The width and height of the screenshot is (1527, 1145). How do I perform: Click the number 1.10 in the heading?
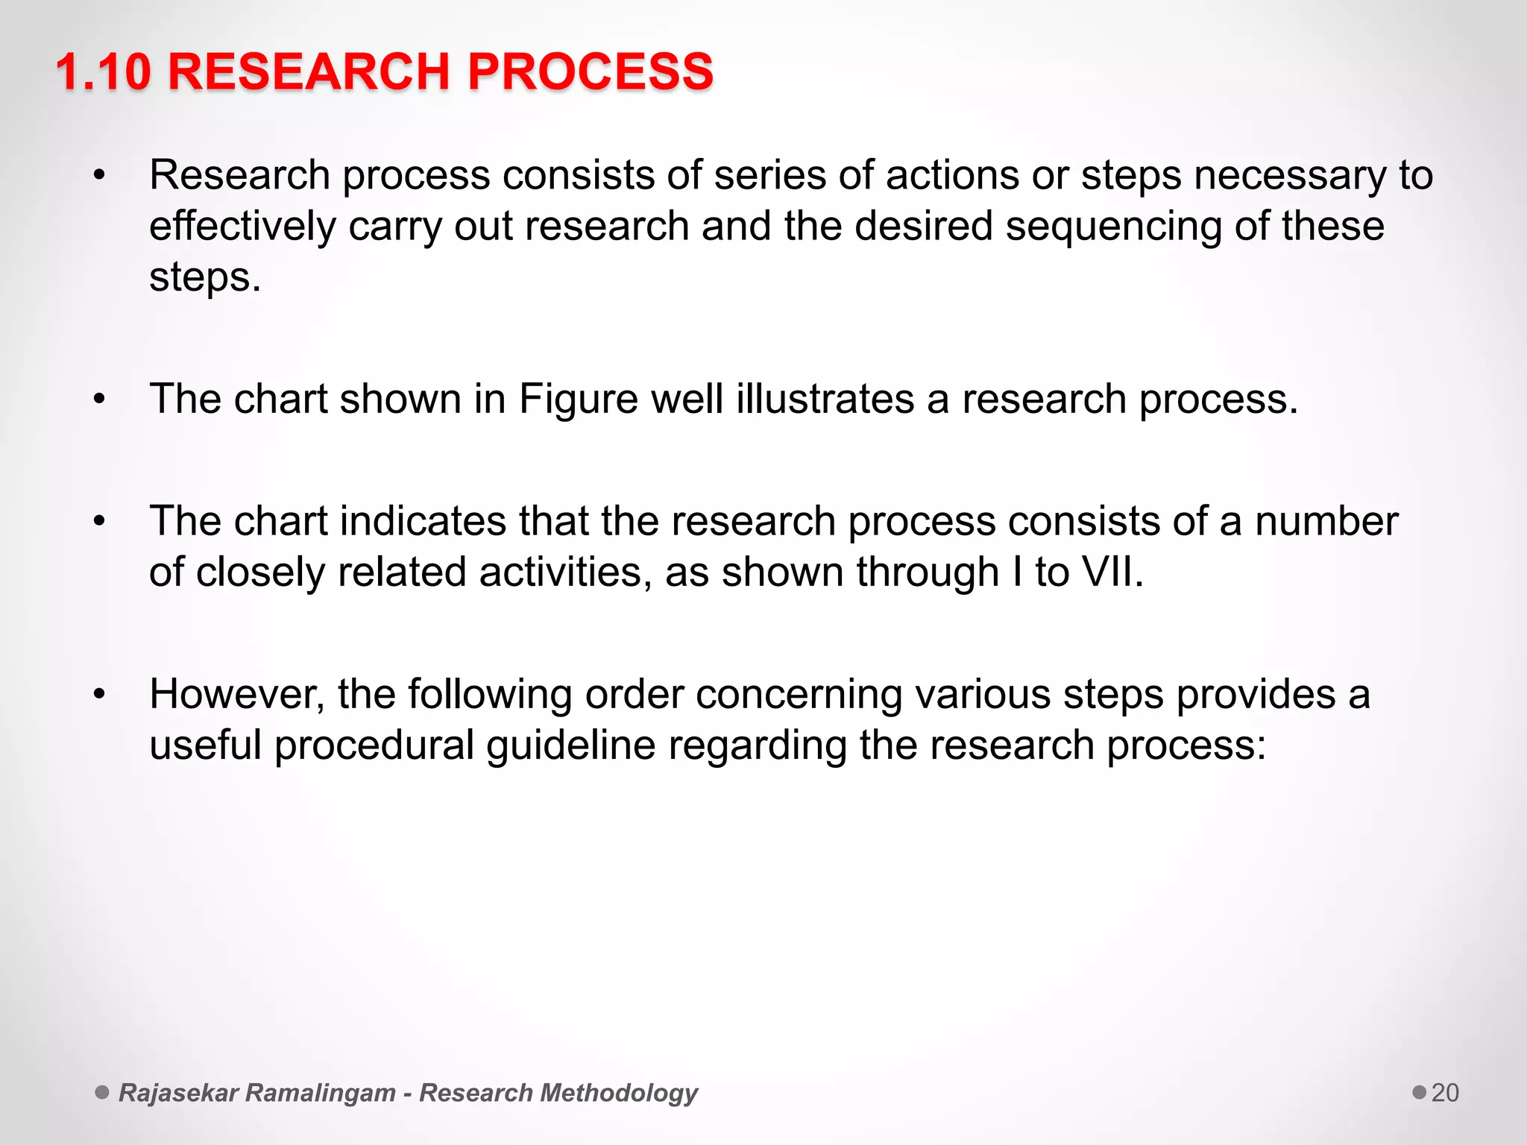pyautogui.click(x=103, y=72)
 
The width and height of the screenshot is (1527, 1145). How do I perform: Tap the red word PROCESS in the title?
pyautogui.click(x=590, y=72)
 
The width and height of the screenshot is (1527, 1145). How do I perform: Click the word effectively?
pyautogui.click(x=242, y=227)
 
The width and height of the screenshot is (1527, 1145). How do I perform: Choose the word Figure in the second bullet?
pyautogui.click(x=579, y=399)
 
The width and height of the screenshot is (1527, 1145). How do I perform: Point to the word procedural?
pyautogui.click(x=374, y=745)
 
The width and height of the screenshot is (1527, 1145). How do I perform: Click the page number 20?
pyautogui.click(x=1445, y=1093)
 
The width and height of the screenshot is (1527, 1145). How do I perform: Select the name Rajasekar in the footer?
pyautogui.click(x=178, y=1093)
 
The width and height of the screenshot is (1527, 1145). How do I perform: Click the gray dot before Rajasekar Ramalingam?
pyautogui.click(x=102, y=1092)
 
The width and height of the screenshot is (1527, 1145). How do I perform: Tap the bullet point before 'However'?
pyautogui.click(x=100, y=695)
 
